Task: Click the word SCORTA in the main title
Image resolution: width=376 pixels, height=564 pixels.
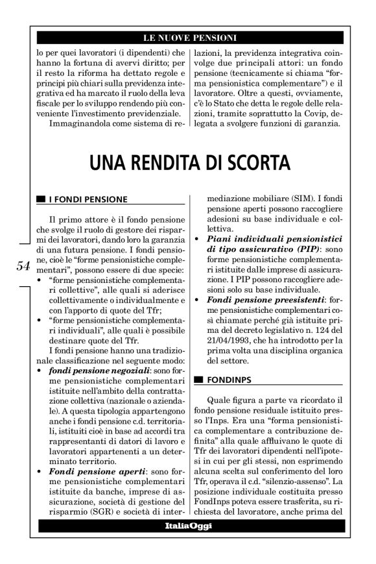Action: pyautogui.click(x=255, y=160)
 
